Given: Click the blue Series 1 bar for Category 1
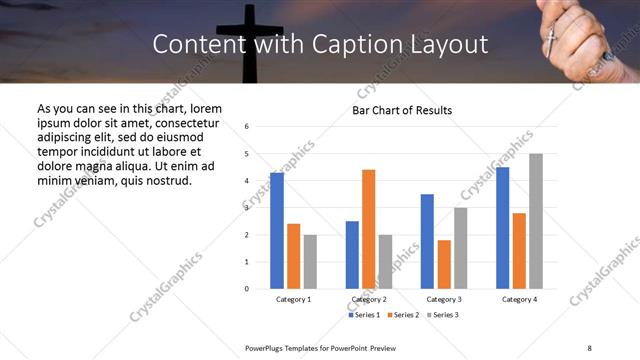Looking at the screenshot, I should click(277, 231).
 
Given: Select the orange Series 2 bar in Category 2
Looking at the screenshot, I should click(368, 229).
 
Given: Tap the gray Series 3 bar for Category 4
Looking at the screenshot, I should click(536, 221).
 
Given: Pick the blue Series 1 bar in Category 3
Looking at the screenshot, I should click(427, 241).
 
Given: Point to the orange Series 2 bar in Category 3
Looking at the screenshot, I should click(444, 264).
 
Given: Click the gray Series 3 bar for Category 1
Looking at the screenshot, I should click(310, 262).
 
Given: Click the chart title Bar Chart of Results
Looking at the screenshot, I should click(402, 110).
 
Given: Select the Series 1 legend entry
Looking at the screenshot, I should click(365, 315).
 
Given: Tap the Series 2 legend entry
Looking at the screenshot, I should click(404, 315).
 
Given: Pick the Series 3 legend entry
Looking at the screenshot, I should click(442, 315).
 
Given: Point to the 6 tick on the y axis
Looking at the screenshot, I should click(247, 127).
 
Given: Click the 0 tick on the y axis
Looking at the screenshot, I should click(247, 289).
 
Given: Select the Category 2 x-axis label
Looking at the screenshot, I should click(368, 300).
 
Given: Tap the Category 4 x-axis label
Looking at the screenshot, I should click(519, 300).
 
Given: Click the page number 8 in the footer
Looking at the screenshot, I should click(589, 347).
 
